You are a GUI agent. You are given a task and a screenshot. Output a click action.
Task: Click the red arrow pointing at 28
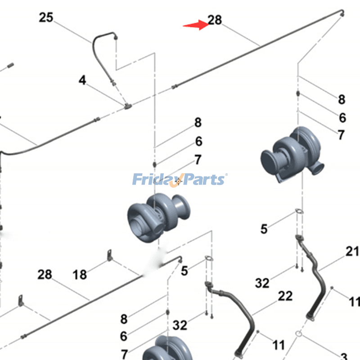tap(195, 25)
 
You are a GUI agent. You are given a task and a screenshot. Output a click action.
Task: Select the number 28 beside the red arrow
tap(215, 20)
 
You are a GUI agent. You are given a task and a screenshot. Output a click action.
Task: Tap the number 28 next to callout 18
tap(45, 274)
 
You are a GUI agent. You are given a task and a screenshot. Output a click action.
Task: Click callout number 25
tap(46, 18)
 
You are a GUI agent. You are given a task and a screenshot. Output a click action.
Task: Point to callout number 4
tap(82, 81)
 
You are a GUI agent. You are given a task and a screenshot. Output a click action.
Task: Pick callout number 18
tap(80, 274)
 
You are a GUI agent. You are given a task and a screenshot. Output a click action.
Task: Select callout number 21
tap(352, 252)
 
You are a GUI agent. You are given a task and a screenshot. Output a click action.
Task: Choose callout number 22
tap(285, 296)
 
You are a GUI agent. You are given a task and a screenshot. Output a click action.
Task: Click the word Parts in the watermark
tap(202, 180)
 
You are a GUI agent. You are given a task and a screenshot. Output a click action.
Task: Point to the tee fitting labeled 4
tap(128, 106)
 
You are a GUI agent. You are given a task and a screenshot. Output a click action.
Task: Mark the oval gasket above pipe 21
tap(299, 212)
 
